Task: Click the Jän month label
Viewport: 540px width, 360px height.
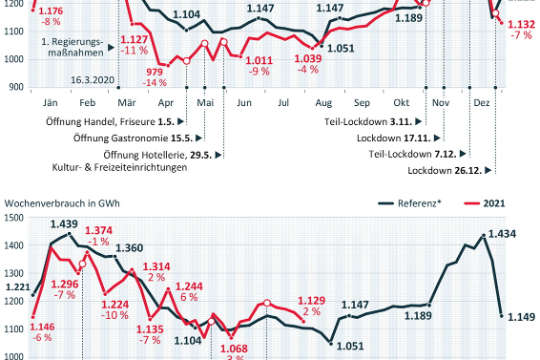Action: tap(48, 102)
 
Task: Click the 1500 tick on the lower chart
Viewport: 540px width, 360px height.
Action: tap(17, 217)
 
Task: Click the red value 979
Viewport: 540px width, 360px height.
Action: tap(155, 72)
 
